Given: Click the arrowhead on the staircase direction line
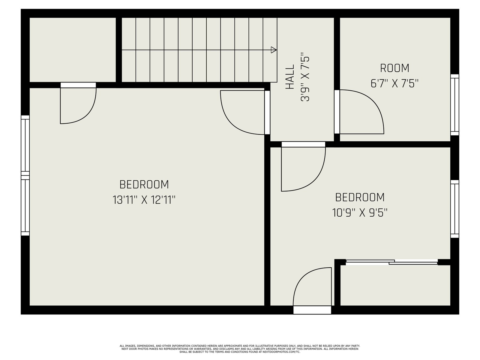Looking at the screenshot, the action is (274, 50).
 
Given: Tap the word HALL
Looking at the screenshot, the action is (290, 77).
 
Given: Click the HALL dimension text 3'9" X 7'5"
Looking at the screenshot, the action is (305, 77).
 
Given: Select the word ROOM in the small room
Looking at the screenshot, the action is (394, 68).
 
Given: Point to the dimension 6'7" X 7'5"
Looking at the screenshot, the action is (394, 83).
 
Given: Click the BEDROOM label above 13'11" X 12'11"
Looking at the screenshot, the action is (144, 184).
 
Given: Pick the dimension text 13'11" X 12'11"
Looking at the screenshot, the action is (144, 200).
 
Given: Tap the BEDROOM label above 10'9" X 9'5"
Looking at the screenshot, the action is (360, 197).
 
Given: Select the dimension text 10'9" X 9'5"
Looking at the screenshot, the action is (360, 212).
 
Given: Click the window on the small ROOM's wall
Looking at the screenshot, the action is (454, 105).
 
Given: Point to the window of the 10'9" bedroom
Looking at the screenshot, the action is (454, 209).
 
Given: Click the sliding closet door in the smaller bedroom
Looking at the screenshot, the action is (392, 262).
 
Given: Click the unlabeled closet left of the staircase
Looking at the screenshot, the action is (73, 50).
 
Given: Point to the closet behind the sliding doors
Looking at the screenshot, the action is (395, 286).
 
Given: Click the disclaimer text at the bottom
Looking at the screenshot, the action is (240, 349).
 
